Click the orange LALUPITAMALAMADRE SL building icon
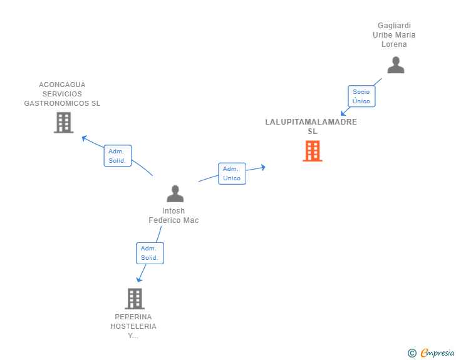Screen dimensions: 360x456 click(312, 151)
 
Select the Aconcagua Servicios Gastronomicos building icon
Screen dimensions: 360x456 click(63, 123)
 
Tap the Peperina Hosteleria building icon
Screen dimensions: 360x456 click(134, 299)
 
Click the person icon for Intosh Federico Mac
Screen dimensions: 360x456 click(175, 193)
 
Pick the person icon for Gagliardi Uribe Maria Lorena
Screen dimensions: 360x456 click(395, 65)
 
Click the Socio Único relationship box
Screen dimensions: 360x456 click(361, 96)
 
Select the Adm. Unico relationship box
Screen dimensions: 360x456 click(232, 173)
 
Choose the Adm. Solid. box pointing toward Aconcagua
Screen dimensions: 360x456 click(117, 156)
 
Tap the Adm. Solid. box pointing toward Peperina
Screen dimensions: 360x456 click(150, 253)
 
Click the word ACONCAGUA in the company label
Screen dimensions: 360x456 click(62, 85)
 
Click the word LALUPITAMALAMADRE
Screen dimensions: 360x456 click(311, 122)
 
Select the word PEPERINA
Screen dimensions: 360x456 click(133, 317)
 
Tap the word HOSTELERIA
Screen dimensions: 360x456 click(133, 326)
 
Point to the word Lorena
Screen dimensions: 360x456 click(394, 44)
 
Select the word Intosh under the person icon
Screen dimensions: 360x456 click(174, 211)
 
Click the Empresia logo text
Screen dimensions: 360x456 click(437, 353)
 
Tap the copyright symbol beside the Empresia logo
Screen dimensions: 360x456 click(412, 353)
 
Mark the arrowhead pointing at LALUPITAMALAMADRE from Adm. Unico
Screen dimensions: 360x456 click(263, 167)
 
